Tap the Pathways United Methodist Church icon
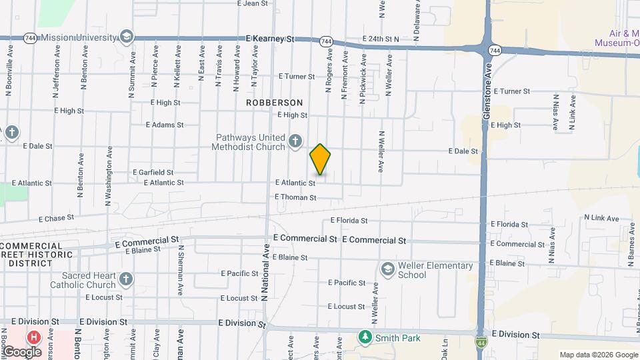coord(296,141)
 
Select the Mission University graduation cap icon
coord(126,36)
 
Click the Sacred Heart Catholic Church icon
coord(126,279)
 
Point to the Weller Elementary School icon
coord(387,269)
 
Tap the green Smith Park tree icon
coord(365,337)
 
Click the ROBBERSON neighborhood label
coord(274,103)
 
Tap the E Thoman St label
coord(295,197)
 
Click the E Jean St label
coord(253,3)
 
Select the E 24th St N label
coord(380,39)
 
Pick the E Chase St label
coord(56,218)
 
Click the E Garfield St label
coord(153,172)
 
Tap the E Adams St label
coord(164,125)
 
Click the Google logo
coord(22,351)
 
